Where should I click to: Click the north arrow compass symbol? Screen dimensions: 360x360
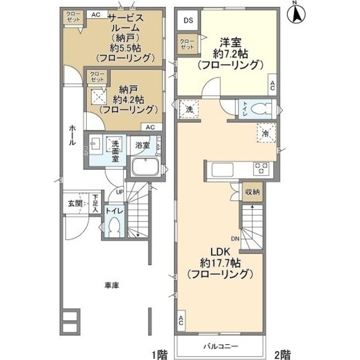[x=295, y=13]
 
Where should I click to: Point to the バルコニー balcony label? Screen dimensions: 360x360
[x=220, y=345]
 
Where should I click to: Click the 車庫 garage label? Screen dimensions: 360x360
[x=111, y=285]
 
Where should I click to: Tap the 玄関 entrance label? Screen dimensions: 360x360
[x=75, y=203]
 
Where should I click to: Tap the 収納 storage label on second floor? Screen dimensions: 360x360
[x=253, y=192]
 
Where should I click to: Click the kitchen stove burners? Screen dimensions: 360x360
[x=261, y=166]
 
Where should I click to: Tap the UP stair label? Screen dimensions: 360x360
[x=119, y=192]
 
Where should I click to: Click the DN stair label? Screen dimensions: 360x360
[x=235, y=238]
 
